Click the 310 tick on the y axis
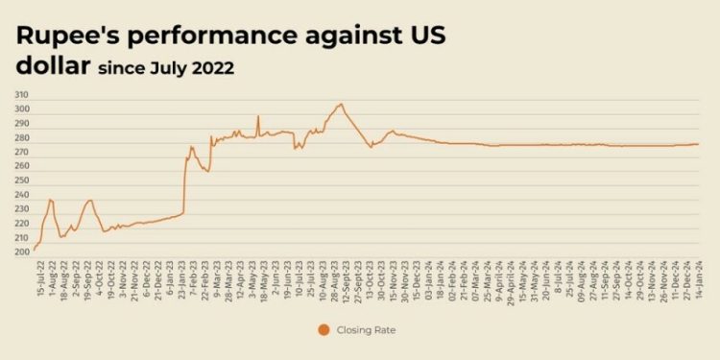point(21,95)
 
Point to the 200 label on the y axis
point(21,252)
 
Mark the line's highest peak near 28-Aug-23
point(340,104)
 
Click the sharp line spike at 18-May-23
point(257,116)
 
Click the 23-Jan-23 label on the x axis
point(183,278)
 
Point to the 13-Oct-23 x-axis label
point(368,278)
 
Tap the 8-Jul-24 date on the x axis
point(559,278)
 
